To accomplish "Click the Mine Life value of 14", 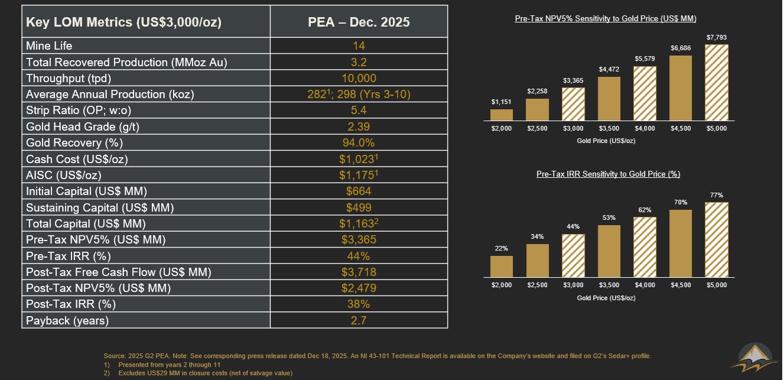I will pos(359,46).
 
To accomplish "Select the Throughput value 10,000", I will pos(359,78).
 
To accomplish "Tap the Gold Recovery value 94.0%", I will pos(359,143).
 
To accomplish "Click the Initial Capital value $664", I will pos(359,191).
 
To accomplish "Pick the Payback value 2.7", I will pos(359,321).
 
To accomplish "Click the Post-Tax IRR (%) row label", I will pos(71,304).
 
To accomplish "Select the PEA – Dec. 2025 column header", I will pos(359,22).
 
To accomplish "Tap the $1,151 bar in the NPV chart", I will pos(502,115).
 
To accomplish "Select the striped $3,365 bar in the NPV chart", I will pos(573,104).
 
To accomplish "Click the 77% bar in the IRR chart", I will pos(716,239).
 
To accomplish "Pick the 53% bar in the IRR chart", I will pos(609,251).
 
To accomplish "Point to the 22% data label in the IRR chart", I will pos(502,248).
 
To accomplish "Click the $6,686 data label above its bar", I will pos(681,48).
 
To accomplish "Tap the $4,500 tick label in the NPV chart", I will pos(681,128).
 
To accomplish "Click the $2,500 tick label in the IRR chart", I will pos(538,285).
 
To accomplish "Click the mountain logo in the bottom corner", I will pos(754,358).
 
